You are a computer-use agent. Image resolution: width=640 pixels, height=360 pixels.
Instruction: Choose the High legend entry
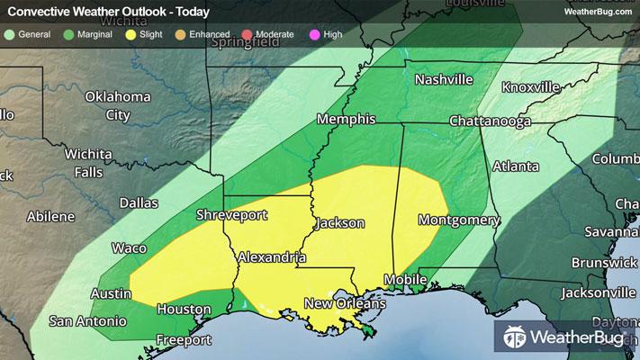point(325,34)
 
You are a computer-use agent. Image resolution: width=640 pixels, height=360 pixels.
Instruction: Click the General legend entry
point(28,34)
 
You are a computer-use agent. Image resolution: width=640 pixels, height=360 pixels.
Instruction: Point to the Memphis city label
point(345,120)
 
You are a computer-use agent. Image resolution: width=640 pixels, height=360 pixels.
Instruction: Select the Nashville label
point(443,79)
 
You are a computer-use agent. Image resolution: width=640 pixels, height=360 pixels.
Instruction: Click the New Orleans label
point(344,303)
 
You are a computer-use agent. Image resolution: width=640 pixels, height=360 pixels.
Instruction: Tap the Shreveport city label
point(232,214)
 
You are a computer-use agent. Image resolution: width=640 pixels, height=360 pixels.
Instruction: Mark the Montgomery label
point(458,220)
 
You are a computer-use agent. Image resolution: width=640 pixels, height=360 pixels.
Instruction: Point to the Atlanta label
point(515,166)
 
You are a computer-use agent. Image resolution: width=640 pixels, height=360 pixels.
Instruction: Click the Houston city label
point(183,309)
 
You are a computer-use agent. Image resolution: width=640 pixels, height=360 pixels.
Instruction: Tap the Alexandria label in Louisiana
point(272,257)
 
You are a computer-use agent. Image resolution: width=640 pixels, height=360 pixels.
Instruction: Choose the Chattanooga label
point(490,121)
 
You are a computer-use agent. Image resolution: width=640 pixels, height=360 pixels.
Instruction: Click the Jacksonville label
point(598,292)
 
